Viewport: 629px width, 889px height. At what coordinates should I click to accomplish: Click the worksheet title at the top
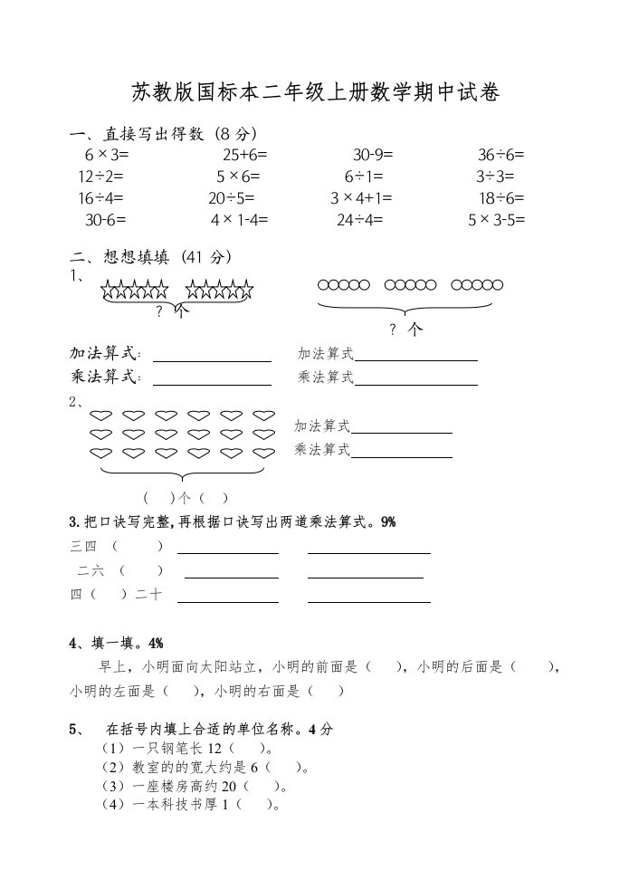315,93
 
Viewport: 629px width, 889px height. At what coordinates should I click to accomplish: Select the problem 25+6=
244,155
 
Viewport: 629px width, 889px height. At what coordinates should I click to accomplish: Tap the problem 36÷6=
500,155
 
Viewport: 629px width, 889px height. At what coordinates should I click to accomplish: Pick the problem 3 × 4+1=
361,198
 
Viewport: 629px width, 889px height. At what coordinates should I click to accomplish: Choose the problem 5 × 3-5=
496,220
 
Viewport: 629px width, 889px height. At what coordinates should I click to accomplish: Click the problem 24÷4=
359,220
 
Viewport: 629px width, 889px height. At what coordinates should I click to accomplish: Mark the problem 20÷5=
232,198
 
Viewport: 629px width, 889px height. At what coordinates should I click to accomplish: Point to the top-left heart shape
100,416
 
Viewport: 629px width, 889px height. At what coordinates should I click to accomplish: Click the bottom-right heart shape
263,453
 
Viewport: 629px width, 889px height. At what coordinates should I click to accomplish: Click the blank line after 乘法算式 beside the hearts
401,456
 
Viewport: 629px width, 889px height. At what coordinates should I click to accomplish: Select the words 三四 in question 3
82,546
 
